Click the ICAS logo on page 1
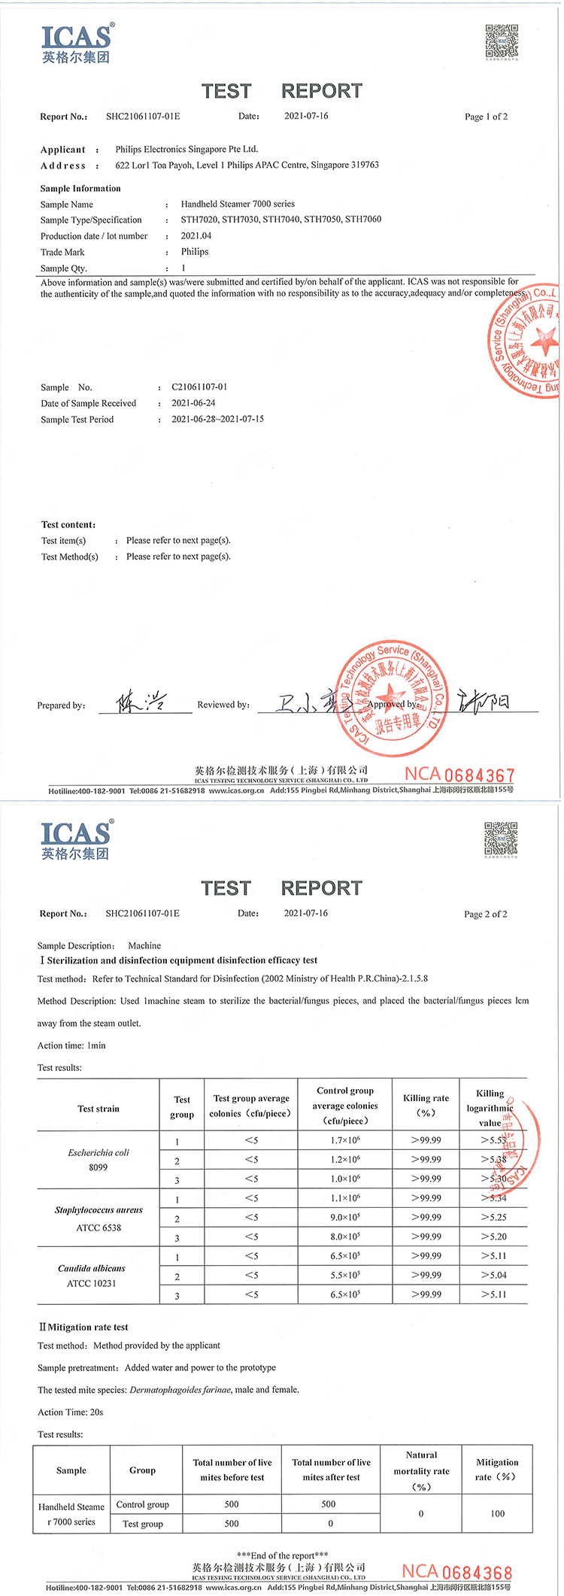[x=77, y=44]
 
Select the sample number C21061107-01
[x=199, y=387]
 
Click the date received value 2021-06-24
[x=193, y=403]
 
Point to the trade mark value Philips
[x=195, y=252]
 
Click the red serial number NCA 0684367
[x=459, y=774]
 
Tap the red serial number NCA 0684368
[x=456, y=1571]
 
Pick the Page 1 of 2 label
[x=486, y=117]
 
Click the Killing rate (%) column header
[x=426, y=1105]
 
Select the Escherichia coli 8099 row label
[x=99, y=1159]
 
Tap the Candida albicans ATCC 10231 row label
[x=92, y=1275]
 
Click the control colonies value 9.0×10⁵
[x=345, y=1217]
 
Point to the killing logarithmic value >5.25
[x=493, y=1217]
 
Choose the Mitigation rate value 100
[x=497, y=1513]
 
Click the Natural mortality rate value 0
[x=421, y=1513]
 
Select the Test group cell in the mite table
[x=143, y=1524]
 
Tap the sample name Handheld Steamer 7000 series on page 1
[x=238, y=204]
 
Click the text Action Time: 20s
[x=71, y=1412]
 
